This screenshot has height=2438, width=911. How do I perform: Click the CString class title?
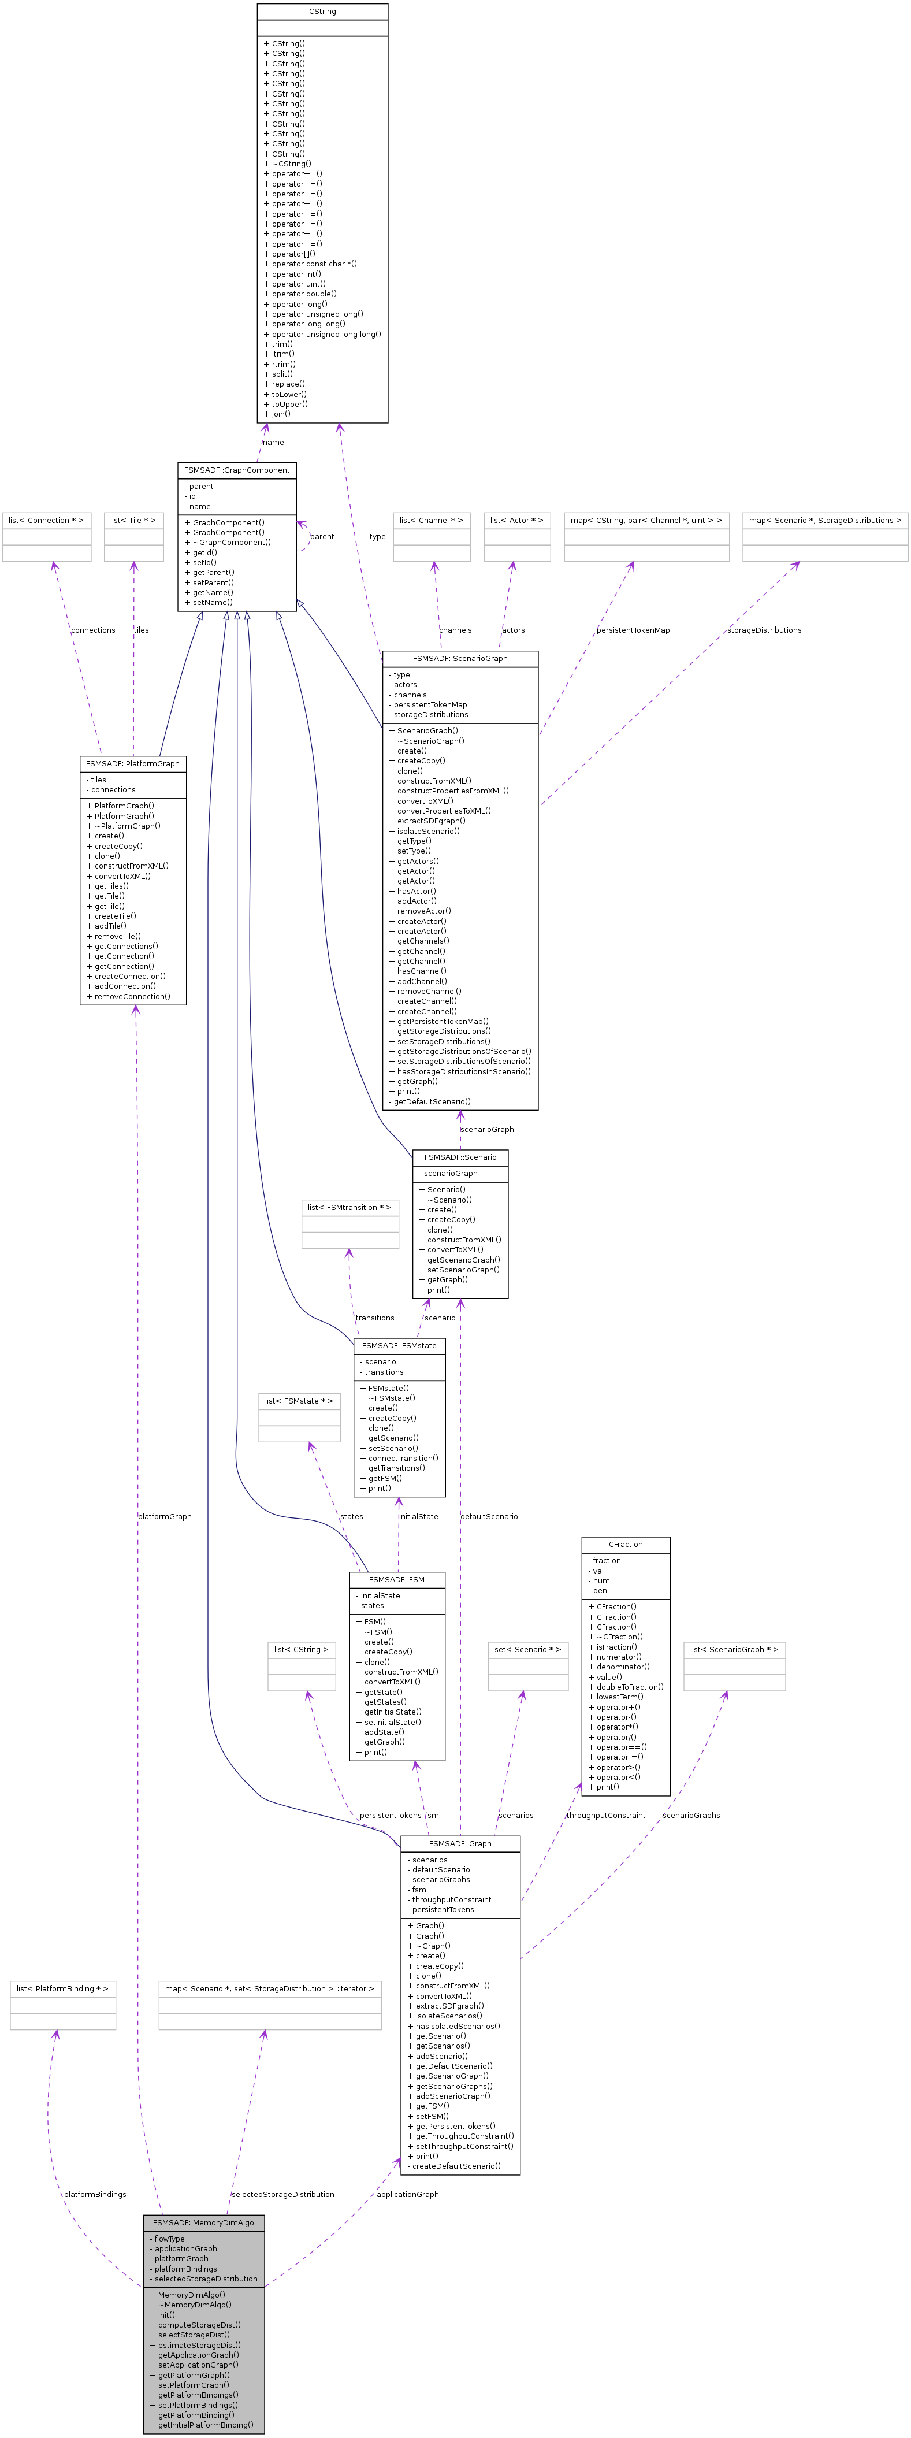(x=322, y=12)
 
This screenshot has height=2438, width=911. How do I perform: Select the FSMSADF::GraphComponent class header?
(x=236, y=470)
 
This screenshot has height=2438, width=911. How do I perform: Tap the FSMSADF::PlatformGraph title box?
(x=132, y=764)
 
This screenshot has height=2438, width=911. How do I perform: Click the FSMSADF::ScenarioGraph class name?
(x=460, y=659)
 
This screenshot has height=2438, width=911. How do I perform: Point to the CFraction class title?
(x=625, y=1545)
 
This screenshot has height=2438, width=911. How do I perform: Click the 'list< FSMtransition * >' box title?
(x=349, y=1208)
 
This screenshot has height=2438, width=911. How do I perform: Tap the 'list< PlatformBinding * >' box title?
(x=62, y=1988)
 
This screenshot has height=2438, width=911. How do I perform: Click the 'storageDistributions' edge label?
(x=764, y=630)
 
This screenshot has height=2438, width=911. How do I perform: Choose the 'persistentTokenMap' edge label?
(x=633, y=630)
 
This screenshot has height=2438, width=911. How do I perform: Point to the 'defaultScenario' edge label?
(x=489, y=1516)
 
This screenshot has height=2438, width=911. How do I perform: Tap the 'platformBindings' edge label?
(x=95, y=2194)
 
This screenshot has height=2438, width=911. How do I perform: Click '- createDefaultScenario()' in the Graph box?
(x=454, y=2165)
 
